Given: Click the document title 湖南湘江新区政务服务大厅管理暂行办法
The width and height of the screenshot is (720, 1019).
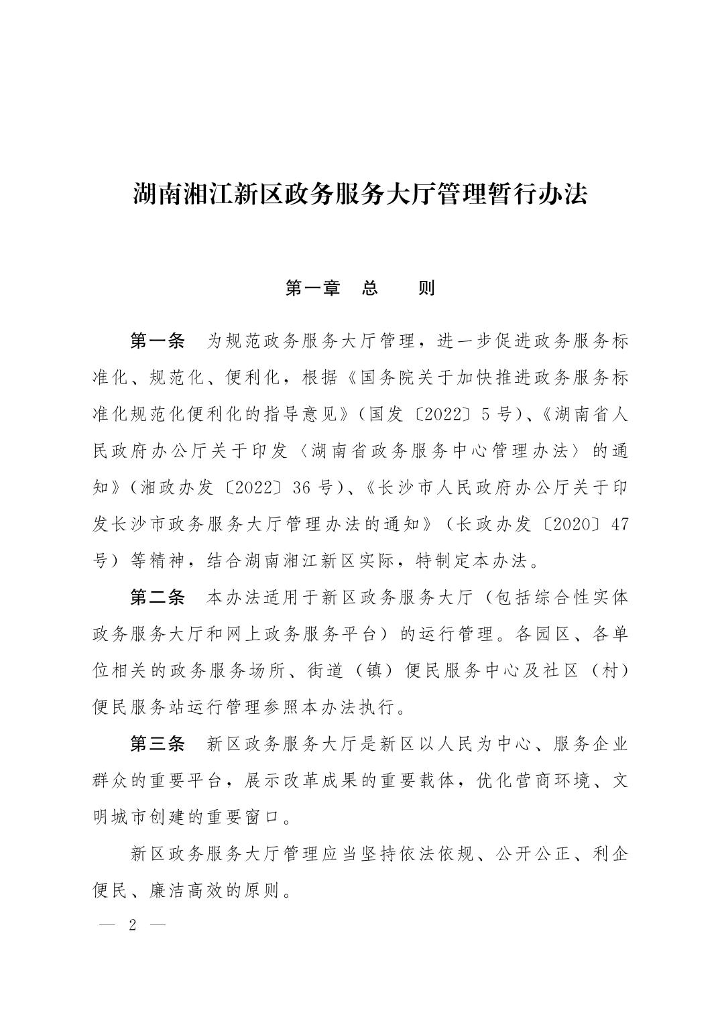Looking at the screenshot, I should pos(360,195).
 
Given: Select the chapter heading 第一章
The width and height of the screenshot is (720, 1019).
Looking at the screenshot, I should pos(312,288).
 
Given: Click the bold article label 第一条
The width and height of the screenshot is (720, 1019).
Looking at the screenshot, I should pos(157,341).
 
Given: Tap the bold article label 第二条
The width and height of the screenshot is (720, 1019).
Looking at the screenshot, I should pos(157,597).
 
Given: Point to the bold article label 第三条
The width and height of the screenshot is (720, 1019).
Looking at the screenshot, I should pos(157,743).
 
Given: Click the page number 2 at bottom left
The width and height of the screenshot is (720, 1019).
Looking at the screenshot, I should pos(132,926).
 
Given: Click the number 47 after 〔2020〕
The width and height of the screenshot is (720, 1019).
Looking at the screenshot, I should pos(620,524).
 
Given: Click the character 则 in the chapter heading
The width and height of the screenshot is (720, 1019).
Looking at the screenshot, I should pos(426,288).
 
